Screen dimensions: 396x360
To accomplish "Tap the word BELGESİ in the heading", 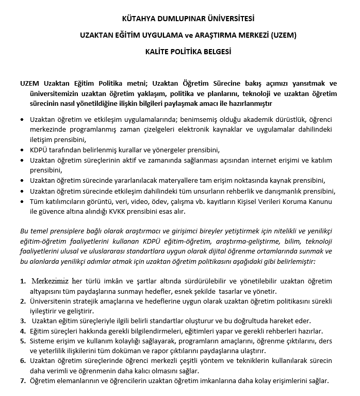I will pyautogui.click(x=214, y=52).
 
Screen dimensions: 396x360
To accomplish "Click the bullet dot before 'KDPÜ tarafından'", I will pyautogui.click(x=21, y=150).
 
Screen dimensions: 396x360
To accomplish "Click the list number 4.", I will pyautogui.click(x=23, y=331).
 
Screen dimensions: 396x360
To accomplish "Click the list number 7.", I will pyautogui.click(x=23, y=381).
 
